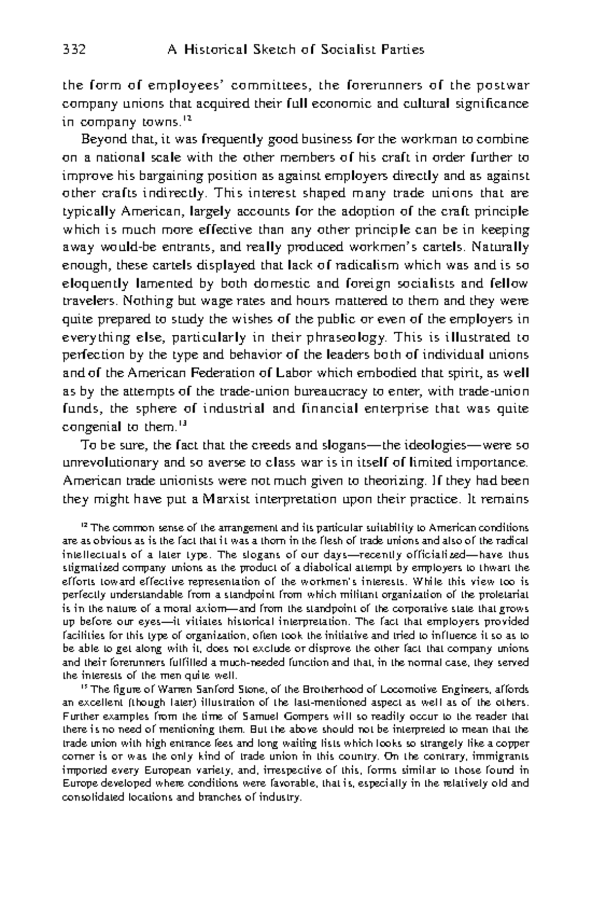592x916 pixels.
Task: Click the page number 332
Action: coord(74,50)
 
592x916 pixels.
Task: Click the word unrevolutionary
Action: coord(109,463)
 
